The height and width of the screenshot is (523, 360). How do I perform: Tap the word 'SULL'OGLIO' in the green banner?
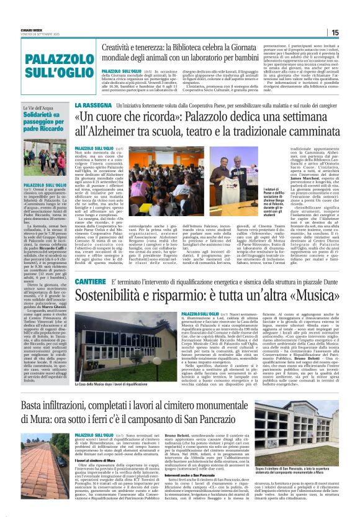[48, 81]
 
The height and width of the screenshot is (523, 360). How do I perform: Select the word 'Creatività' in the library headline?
[125, 47]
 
